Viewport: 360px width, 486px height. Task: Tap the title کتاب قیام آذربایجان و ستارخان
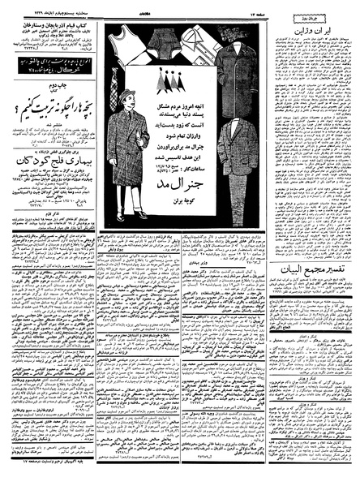54,25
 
